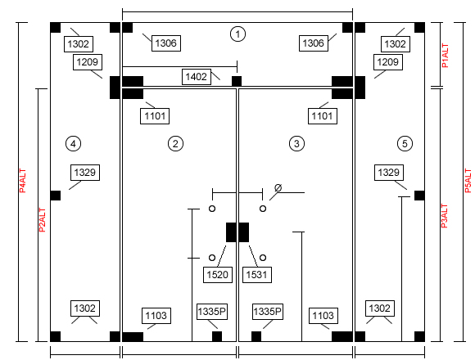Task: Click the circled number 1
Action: [237, 34]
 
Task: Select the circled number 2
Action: [175, 143]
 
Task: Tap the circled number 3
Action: [296, 143]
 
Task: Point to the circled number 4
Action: [73, 143]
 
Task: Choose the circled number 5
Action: [405, 143]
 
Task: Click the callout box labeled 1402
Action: [197, 77]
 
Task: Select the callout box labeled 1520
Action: [218, 275]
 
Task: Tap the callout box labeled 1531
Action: [257, 275]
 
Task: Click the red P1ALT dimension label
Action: [445, 56]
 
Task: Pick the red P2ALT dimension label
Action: [42, 220]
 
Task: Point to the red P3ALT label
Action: [444, 216]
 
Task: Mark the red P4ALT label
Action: [22, 181]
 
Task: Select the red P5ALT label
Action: [468, 181]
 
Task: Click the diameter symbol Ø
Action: [278, 188]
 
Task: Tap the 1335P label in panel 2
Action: [212, 312]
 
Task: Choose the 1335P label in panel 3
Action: [268, 312]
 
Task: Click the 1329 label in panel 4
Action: [85, 173]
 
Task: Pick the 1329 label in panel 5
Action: [389, 173]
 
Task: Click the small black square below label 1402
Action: [237, 81]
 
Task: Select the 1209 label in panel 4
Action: [88, 62]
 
